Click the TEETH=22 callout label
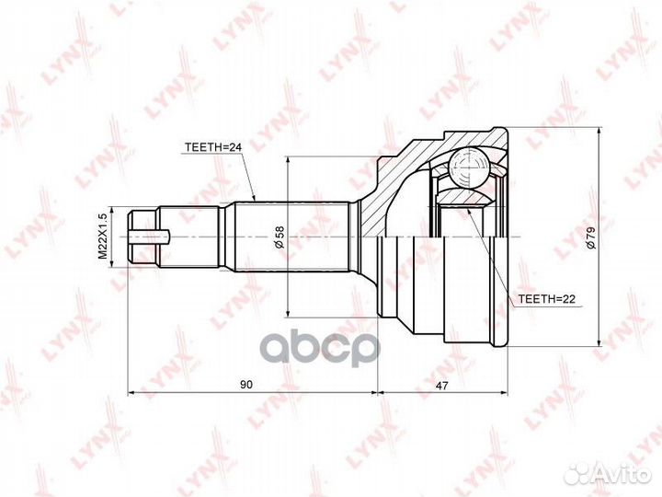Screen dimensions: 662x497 point(547,299)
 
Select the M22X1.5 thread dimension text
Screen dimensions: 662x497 point(103,237)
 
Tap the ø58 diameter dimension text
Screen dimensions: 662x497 point(280,237)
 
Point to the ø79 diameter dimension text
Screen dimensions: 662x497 point(591,237)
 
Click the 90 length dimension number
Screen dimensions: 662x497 point(246,385)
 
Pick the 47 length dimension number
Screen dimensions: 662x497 point(441,385)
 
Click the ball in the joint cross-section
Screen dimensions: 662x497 point(469,168)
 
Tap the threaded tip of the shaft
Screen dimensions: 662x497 point(143,237)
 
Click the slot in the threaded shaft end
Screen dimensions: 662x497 point(149,237)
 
